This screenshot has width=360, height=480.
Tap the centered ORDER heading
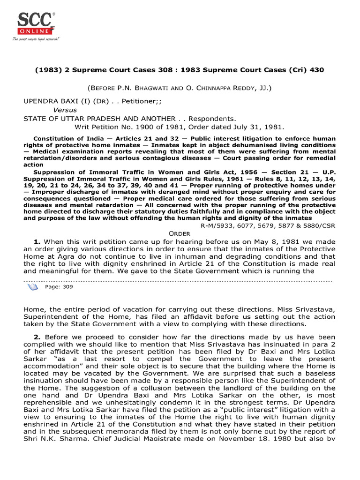180,233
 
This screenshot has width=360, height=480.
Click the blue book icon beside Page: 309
32,287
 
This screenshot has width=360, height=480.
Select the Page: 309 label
59,287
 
